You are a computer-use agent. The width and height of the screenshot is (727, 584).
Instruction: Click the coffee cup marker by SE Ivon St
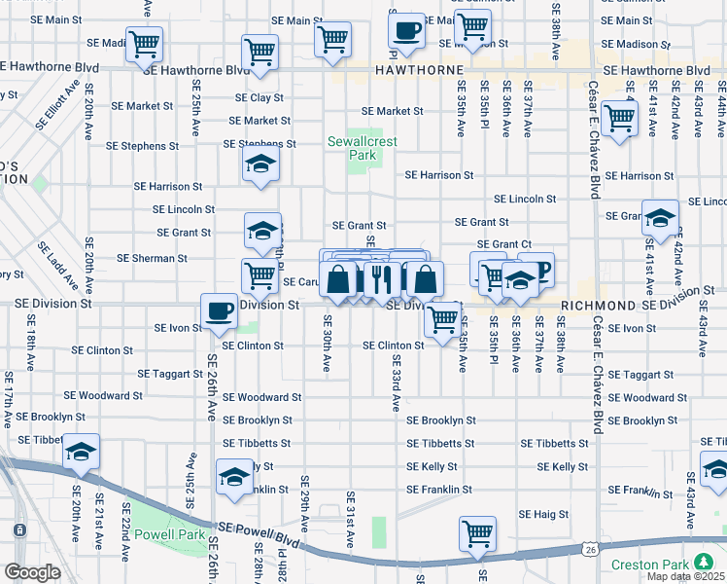click(x=219, y=311)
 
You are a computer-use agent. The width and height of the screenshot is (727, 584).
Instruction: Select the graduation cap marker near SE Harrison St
click(x=260, y=165)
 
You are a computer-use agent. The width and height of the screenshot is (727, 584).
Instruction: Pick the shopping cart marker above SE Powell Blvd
click(x=477, y=533)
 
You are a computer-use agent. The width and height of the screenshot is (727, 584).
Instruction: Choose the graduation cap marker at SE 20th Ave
click(x=82, y=453)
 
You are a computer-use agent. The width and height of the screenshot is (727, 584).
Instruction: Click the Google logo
click(x=32, y=571)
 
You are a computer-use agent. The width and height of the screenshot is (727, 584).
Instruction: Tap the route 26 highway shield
click(x=591, y=550)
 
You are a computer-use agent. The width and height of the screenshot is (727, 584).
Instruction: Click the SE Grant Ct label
click(x=503, y=244)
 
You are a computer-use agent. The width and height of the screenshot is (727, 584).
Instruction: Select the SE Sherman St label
click(x=152, y=258)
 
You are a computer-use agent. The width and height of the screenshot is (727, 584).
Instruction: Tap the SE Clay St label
click(x=259, y=98)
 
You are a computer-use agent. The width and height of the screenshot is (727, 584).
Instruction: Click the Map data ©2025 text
click(x=685, y=576)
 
